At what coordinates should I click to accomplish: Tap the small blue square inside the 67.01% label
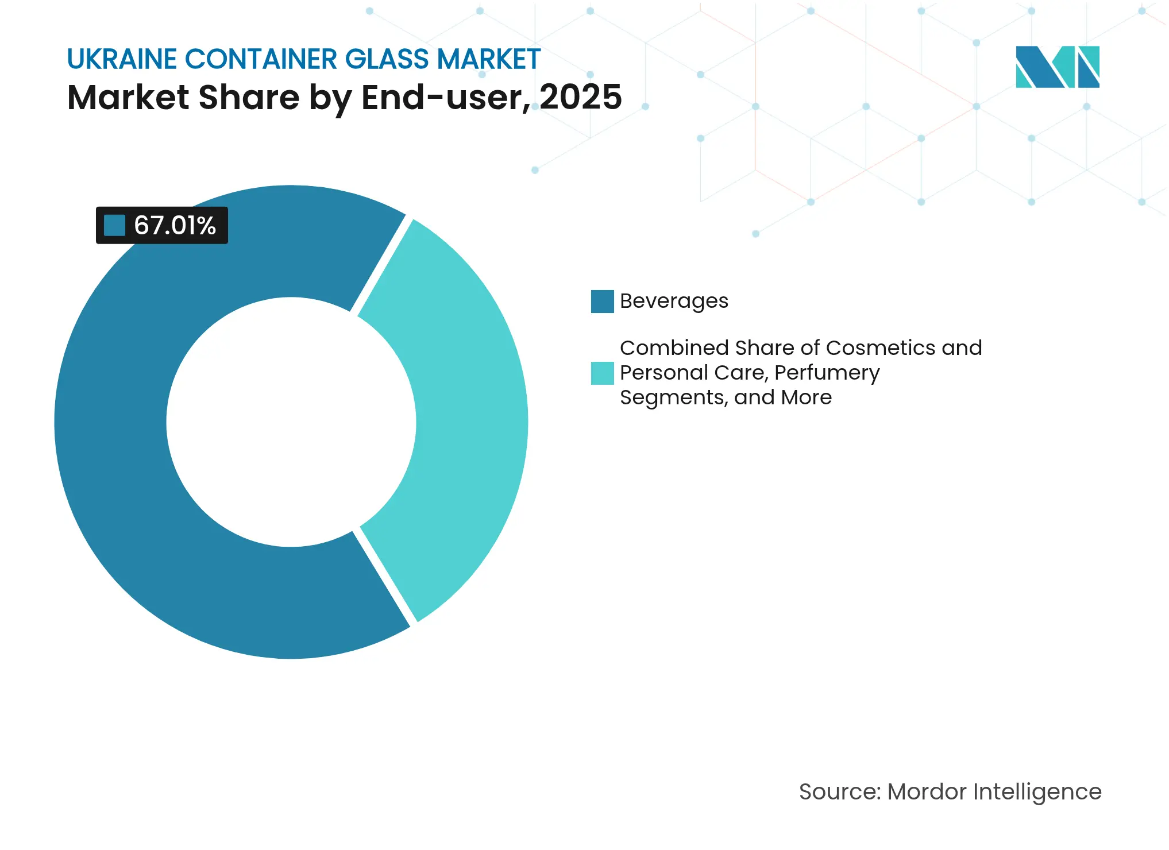(x=114, y=225)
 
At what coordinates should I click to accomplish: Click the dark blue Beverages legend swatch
(x=602, y=302)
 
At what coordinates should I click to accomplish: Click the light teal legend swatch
(x=602, y=373)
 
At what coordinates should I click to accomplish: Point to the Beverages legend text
(x=674, y=302)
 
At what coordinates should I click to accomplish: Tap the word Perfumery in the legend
(x=827, y=373)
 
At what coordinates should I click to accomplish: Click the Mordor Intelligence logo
(x=1057, y=67)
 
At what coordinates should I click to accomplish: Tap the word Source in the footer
(x=839, y=791)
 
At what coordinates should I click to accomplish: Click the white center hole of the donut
(x=291, y=422)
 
